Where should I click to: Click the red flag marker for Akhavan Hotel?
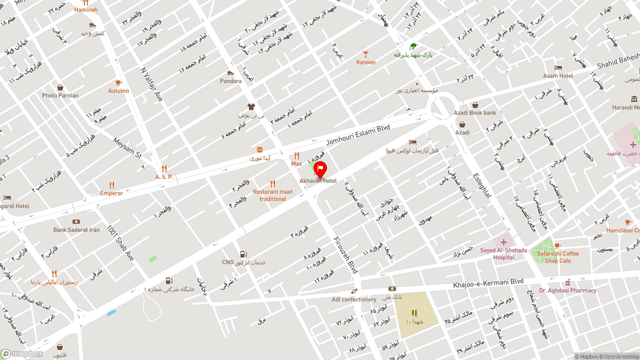coord(320,169)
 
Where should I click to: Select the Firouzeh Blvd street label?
coord(345,255)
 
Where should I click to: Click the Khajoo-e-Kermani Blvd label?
coord(488,283)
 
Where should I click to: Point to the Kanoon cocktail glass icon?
coord(366,54)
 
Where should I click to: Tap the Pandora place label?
coord(230,81)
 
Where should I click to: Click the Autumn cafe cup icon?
coord(118,83)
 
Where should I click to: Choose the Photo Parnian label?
coord(60,95)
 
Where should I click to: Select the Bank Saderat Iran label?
coord(76,230)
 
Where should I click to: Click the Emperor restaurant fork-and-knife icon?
coord(111,185)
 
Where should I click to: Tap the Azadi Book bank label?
coord(475,113)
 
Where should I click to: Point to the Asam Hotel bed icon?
coord(558,68)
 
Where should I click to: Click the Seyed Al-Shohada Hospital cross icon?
coord(503,242)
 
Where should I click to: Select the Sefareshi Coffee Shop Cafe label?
coord(558,257)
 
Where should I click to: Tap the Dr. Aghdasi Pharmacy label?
coord(567,290)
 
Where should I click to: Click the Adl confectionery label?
coord(354,299)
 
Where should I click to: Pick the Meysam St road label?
coord(127,147)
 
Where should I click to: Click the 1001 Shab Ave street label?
coord(120,242)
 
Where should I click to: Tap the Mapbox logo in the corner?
coord(22,354)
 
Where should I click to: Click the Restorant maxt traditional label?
coord(272,195)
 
